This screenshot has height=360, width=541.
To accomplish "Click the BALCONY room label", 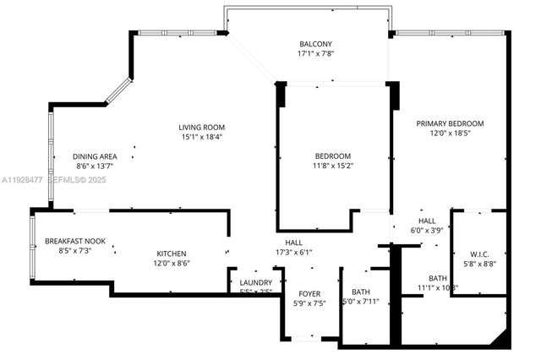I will [315, 44].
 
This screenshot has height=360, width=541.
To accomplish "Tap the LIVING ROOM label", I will [201, 127].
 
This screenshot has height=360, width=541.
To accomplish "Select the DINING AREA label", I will [94, 156].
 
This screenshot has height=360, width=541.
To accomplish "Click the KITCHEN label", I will [171, 254].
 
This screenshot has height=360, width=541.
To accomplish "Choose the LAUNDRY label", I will [255, 282].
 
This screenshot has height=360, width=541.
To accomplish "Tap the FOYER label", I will [309, 292].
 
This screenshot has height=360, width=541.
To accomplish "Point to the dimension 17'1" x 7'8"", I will [315, 54].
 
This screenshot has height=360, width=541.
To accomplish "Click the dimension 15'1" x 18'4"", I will [201, 137].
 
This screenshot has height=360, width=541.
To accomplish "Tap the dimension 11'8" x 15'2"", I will [333, 166].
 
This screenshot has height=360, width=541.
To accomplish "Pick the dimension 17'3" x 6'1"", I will [293, 252].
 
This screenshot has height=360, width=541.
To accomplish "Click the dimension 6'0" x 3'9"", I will [427, 230].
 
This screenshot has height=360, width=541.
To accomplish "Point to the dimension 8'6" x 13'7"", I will [94, 166].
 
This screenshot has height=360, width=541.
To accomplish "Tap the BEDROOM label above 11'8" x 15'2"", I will [333, 156].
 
